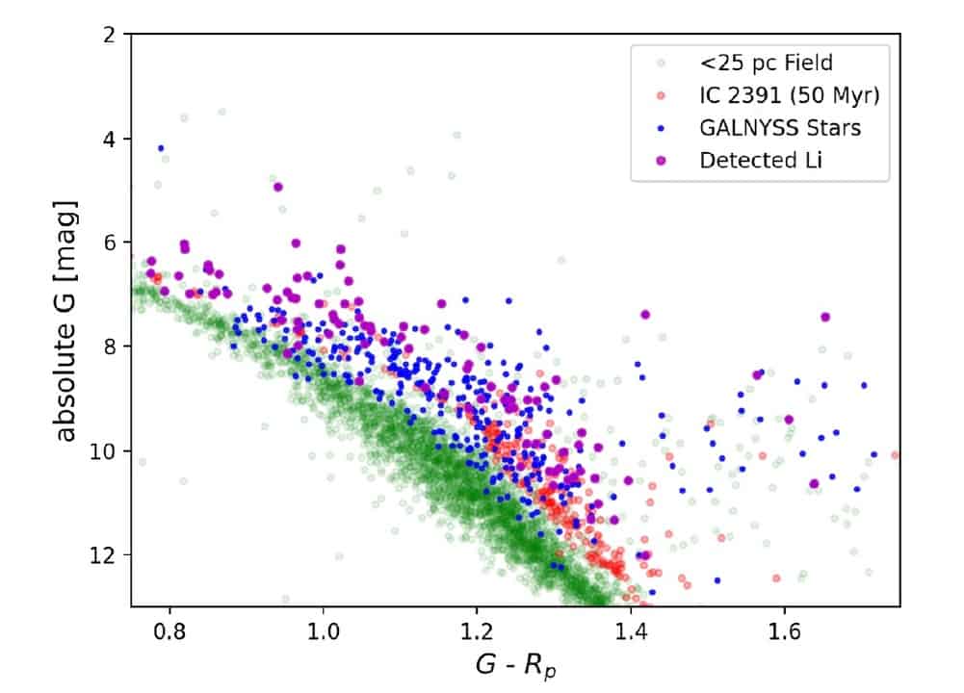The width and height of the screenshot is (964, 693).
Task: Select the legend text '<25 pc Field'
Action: pyautogui.click(x=767, y=64)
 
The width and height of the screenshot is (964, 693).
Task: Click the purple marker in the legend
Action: pyautogui.click(x=660, y=161)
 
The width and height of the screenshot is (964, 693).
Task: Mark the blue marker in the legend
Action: pyautogui.click(x=660, y=129)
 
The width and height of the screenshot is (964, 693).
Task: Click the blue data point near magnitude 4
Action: pyautogui.click(x=161, y=148)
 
